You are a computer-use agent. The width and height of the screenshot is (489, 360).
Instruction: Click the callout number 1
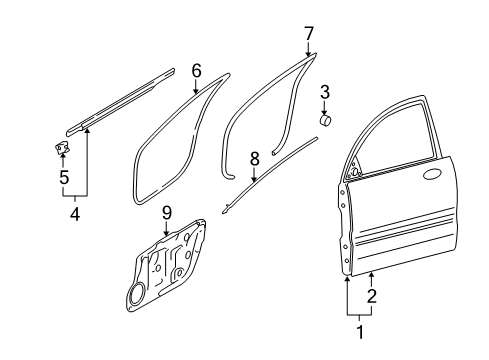360,332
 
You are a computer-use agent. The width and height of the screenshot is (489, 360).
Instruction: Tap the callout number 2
371,296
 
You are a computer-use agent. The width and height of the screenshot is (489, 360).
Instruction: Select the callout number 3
325,92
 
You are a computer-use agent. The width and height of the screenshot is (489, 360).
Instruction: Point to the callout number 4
75,214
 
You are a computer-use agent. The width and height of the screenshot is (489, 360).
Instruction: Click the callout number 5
64,177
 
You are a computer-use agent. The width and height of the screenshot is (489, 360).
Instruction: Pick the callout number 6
196,71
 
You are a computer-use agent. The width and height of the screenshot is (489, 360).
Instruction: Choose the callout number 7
309,34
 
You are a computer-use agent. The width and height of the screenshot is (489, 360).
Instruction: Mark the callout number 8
254,159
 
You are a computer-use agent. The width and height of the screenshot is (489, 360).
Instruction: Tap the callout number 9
166,213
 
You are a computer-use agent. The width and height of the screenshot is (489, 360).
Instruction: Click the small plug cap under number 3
325,120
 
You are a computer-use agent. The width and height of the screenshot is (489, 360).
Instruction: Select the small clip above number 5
62,147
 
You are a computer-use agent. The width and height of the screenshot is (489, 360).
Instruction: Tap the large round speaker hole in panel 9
137,294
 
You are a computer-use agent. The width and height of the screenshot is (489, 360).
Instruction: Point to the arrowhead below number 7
308,53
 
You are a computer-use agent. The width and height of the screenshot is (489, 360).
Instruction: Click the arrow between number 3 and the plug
324,109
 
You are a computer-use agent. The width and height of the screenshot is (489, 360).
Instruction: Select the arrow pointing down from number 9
166,229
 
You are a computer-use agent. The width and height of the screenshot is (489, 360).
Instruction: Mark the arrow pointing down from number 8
254,175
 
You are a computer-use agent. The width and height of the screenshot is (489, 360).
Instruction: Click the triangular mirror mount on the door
354,169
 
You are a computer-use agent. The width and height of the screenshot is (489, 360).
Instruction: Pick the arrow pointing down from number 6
196,86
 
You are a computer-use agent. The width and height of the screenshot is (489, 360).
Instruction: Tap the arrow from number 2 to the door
372,279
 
